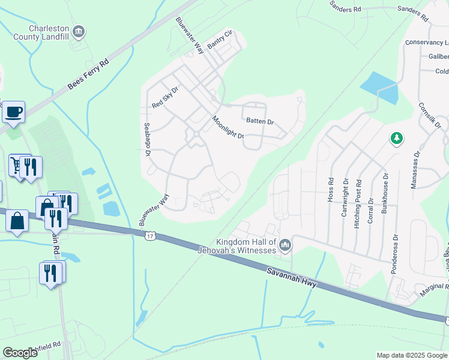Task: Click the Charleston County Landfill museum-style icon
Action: [78, 31]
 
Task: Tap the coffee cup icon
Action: [13, 112]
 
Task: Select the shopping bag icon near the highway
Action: [17, 220]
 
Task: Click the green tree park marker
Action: [396, 139]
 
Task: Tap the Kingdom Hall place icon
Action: [285, 245]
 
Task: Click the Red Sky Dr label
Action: [165, 97]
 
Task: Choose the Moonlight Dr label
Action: [228, 127]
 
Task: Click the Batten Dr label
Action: [260, 121]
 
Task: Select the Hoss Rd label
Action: [331, 189]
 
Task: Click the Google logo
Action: [20, 353]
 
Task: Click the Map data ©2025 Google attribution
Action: [411, 355]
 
